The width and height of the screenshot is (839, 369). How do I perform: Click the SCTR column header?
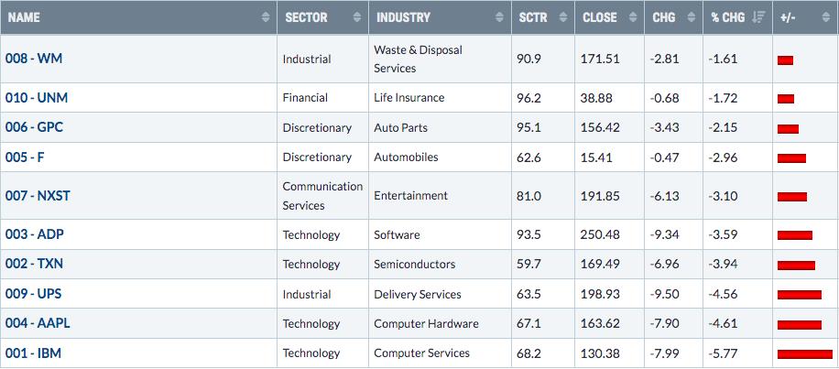533,17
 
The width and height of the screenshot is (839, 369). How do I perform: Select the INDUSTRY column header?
403,17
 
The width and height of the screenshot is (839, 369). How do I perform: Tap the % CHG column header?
727,17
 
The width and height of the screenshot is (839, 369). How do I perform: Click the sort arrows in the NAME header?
266,17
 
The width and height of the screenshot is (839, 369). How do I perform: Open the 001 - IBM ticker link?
33,353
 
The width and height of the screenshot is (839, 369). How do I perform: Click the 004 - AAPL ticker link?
38,323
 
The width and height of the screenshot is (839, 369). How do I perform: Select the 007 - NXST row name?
38,196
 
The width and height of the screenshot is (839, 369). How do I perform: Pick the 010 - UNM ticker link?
37,98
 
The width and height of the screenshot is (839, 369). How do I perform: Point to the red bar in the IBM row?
805,354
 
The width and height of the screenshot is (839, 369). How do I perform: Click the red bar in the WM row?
785,60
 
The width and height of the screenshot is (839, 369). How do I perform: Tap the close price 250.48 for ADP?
600,234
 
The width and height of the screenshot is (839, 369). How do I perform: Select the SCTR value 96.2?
529,98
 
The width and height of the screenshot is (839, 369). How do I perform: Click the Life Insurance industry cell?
409,98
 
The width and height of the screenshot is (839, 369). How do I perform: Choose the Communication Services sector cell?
322,196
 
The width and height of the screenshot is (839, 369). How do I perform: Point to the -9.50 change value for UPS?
666,294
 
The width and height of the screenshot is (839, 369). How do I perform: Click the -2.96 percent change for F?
724,157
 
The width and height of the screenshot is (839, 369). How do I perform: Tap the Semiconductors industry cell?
415,265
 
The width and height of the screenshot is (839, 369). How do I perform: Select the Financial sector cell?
305,98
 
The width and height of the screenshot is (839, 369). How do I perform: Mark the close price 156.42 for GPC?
600,128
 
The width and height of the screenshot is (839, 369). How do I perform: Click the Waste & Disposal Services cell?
418,59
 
